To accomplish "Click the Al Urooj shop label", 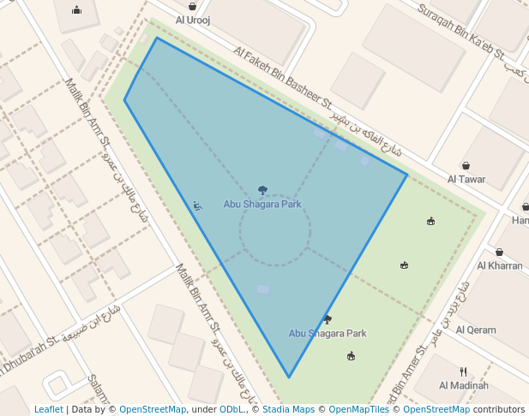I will pos(193,19).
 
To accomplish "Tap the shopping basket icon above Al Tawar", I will pos(466,166).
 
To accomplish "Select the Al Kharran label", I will pos(499,265).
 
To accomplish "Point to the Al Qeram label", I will pos(476,330).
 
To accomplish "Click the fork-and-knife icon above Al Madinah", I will pos(463,371).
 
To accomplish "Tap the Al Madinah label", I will pos(463,385).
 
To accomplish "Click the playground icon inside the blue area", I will pos(197,205).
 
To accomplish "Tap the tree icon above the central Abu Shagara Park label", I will pos(262,191).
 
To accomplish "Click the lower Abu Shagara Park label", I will pos(328,333).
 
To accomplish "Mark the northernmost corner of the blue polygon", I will pos(157,38).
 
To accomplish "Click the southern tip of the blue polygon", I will pos(289,377).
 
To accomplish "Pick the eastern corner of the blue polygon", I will pos(406,175).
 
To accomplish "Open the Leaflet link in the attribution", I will pos(48,409).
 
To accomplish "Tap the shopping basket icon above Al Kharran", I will pos(499,253).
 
